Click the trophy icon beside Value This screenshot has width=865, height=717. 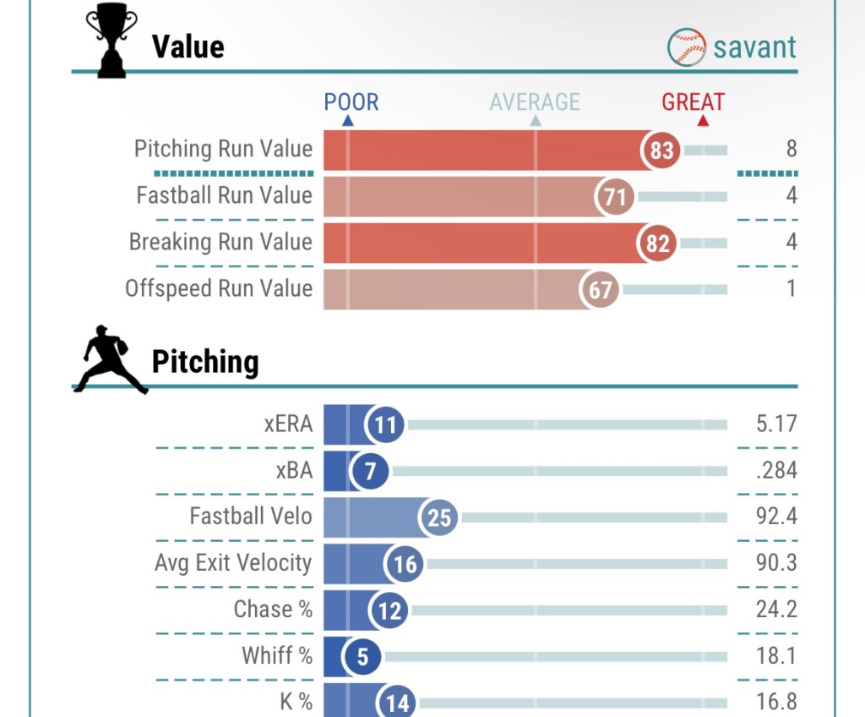112,42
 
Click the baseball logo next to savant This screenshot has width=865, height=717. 687,47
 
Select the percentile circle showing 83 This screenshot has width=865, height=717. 661,151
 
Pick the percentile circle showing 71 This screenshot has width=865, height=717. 615,198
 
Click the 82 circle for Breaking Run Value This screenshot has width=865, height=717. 657,244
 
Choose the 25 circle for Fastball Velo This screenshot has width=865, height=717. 438,517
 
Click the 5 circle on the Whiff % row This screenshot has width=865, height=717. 362,657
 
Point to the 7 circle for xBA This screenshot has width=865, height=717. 369,471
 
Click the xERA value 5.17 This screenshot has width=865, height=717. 776,424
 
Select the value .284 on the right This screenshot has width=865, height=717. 776,470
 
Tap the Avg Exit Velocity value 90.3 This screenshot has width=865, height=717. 776,563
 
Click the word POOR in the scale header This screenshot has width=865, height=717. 351,103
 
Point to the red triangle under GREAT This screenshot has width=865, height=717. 703,121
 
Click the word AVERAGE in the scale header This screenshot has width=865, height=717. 535,103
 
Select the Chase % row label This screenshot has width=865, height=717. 273,609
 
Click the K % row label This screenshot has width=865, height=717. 296,702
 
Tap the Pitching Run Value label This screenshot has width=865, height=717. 223,150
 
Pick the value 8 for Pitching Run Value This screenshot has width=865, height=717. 792,150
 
